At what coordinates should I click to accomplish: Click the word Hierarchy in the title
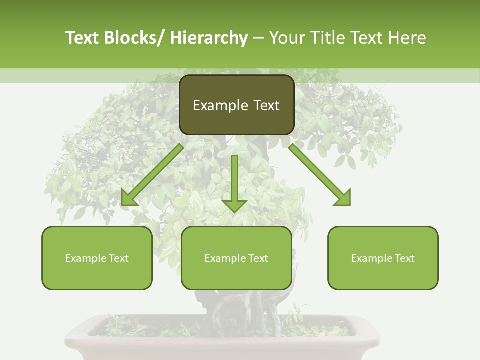209,38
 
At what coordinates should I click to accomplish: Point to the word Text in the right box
404,258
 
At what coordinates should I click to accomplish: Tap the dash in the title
258,39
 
